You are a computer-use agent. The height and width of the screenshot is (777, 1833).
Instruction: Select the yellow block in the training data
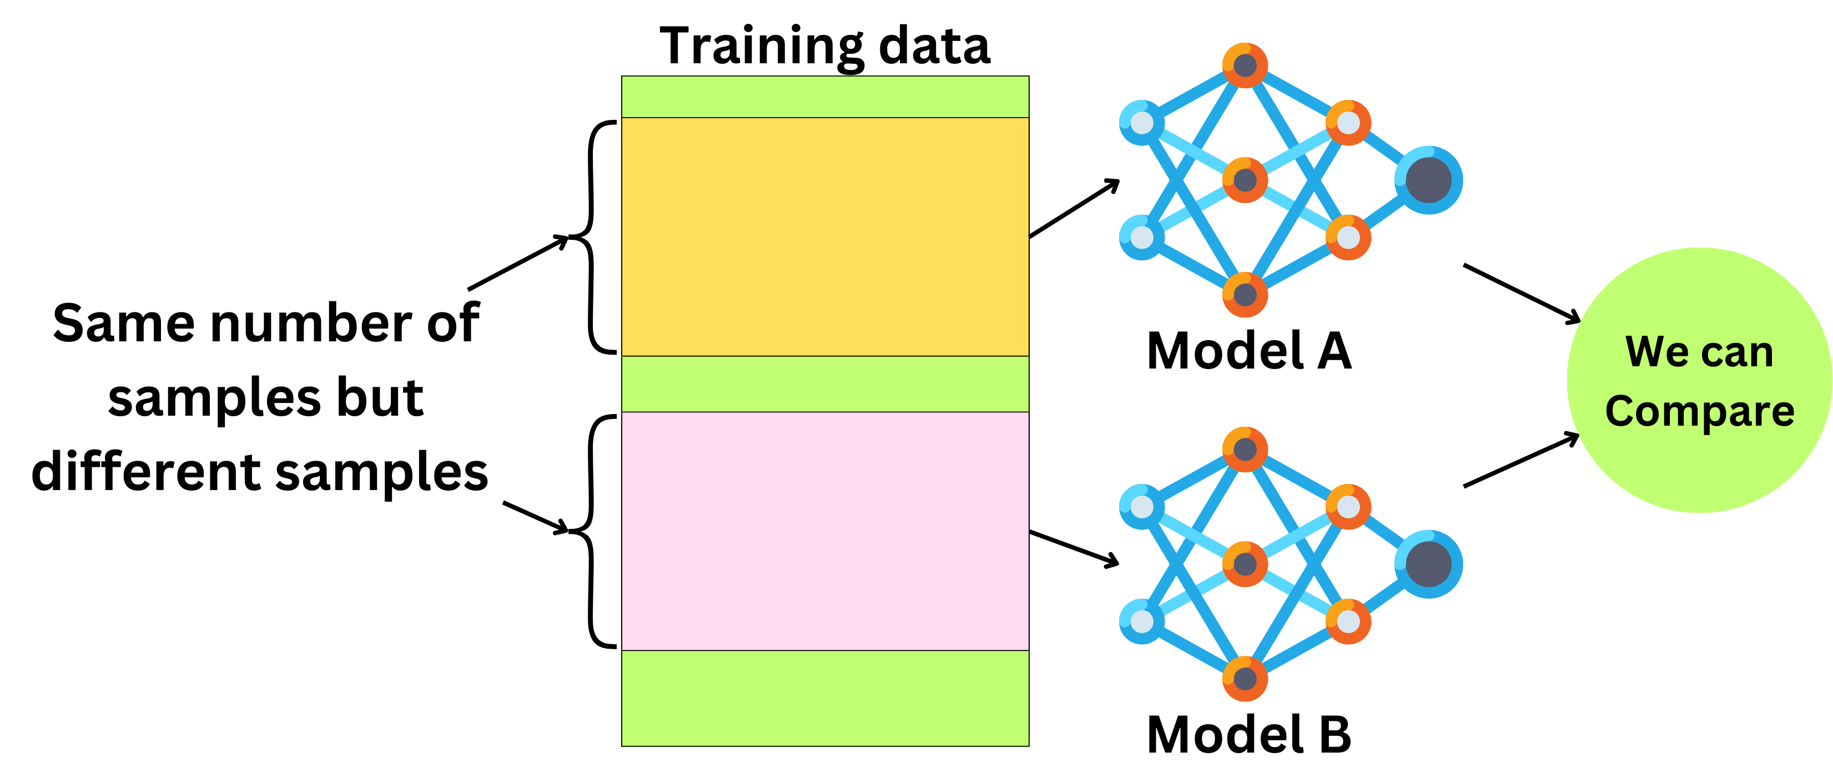(x=825, y=236)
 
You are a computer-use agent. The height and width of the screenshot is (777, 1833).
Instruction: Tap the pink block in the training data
(x=825, y=531)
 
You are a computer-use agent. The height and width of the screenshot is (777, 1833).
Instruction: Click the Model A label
(x=1249, y=351)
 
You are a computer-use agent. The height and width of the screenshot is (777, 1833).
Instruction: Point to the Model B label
(x=1249, y=734)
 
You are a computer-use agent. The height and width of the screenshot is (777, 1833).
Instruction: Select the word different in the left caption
(x=147, y=472)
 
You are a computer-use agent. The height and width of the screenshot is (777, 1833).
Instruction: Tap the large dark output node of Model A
(x=1428, y=180)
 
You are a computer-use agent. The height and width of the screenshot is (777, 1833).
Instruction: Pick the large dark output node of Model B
(x=1428, y=564)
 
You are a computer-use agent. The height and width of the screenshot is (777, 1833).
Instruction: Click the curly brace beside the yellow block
(x=593, y=237)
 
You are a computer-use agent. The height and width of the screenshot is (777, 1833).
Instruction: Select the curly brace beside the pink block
(x=593, y=531)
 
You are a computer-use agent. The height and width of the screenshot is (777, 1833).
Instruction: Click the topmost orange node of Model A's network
(x=1245, y=65)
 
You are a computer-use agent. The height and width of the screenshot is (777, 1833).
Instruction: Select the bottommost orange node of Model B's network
(x=1245, y=678)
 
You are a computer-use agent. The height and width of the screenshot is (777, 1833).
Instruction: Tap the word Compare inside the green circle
(x=1699, y=411)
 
